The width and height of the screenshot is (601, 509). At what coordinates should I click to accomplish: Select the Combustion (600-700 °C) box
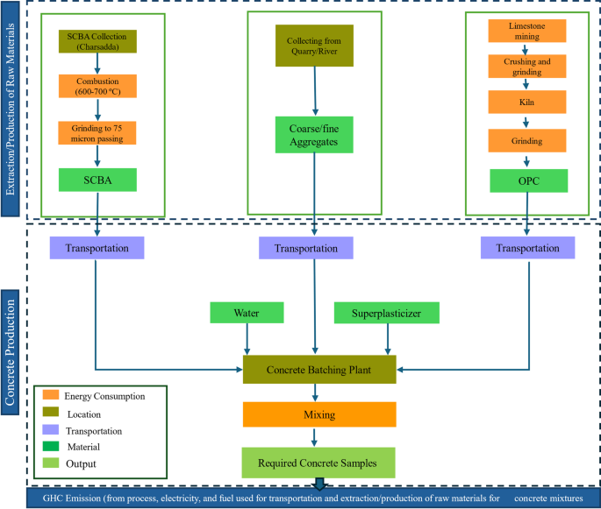(x=98, y=86)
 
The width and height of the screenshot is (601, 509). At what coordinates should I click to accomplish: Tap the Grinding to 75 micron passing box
(x=98, y=132)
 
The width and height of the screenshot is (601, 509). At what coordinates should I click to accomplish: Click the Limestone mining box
(x=526, y=31)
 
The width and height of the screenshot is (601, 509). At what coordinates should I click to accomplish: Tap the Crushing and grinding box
(x=526, y=68)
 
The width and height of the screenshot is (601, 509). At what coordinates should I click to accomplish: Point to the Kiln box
(x=526, y=103)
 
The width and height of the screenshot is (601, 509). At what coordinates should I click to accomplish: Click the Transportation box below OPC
(x=526, y=248)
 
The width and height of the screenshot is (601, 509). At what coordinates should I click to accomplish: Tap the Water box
(x=247, y=313)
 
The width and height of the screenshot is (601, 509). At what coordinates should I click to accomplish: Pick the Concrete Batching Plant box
(x=319, y=370)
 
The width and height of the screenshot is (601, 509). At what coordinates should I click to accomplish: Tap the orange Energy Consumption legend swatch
(x=49, y=396)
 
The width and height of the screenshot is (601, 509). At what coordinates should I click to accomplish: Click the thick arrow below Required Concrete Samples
(x=319, y=484)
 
